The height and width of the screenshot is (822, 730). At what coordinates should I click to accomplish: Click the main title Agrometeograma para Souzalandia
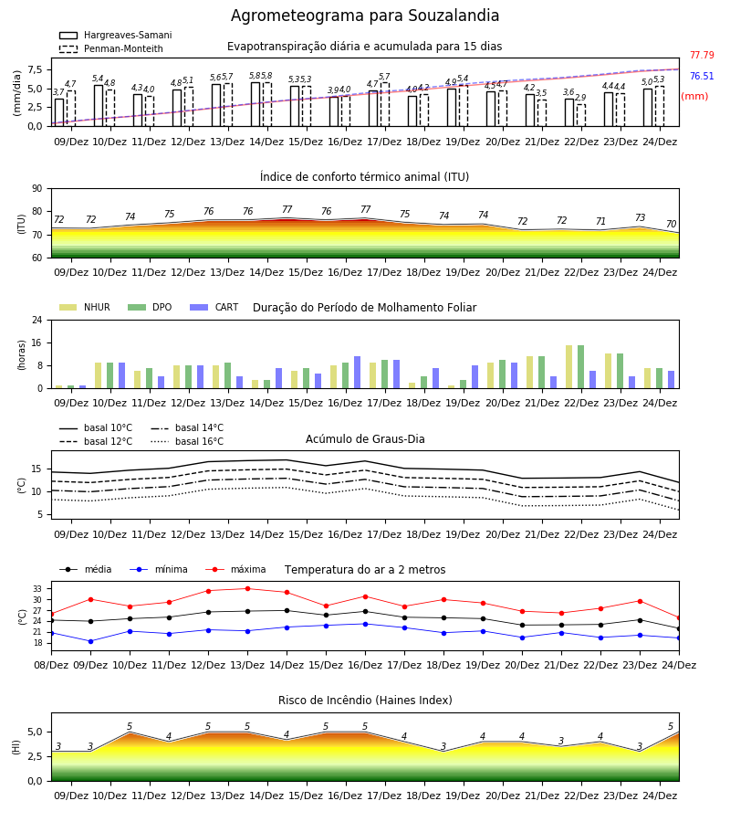tap(364, 16)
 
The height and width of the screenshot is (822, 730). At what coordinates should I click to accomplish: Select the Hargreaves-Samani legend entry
tap(115, 35)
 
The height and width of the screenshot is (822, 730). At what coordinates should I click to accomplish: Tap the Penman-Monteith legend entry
tap(111, 48)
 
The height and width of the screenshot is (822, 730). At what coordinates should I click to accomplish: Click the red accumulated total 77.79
tap(702, 55)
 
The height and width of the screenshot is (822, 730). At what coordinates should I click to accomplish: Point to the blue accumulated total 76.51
tap(702, 76)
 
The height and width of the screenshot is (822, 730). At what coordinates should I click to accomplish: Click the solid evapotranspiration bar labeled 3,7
tap(59, 112)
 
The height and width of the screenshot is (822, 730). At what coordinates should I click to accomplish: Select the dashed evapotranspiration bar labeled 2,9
tap(580, 115)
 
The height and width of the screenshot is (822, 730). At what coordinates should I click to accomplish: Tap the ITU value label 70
tap(671, 224)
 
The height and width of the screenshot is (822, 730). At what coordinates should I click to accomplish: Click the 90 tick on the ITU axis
tap(37, 189)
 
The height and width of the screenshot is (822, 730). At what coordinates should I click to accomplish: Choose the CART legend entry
tap(214, 307)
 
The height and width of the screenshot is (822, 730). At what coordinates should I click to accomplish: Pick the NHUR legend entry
tap(85, 307)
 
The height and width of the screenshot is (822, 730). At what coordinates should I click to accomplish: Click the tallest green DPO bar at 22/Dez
tap(580, 367)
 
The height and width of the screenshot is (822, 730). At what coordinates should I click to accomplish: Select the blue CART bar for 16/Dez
tap(357, 373)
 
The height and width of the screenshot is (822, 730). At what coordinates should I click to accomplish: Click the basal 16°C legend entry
tap(187, 441)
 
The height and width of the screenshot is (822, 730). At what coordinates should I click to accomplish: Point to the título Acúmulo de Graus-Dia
tap(365, 438)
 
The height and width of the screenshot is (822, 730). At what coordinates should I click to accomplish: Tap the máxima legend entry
tap(235, 569)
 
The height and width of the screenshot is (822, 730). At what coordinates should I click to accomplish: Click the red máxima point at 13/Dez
tap(247, 589)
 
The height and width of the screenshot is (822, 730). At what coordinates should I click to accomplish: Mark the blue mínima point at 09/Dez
tap(90, 641)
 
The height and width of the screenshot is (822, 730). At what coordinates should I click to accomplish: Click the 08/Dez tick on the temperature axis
tap(51, 665)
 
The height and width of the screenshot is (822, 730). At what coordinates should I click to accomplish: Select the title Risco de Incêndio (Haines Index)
tap(365, 700)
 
